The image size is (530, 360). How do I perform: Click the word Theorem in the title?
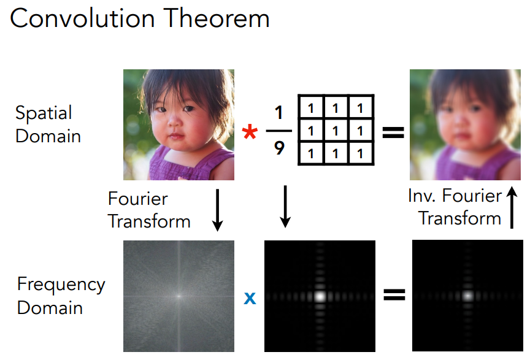218,18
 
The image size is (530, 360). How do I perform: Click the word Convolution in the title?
82,18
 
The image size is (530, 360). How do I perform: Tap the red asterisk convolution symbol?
250,131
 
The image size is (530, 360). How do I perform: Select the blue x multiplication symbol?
250,298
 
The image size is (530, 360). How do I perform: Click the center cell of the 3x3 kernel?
336,131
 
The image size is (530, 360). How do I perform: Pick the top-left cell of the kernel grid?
311,108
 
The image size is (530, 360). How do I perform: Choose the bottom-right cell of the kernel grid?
360,153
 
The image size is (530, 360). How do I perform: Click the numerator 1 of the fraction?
278,113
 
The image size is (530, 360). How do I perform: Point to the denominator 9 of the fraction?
279,148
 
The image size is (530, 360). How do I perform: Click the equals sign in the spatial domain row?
393,132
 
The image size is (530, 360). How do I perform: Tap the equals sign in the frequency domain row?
394,294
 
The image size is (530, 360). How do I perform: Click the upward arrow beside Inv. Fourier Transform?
512,207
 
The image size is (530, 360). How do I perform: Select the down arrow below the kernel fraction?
285,206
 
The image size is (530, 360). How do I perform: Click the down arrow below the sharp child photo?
217,210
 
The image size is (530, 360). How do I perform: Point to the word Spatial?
44,113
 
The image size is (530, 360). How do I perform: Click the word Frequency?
61,285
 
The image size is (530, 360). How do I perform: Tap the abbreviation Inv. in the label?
421,196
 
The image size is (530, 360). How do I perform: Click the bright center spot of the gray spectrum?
179,296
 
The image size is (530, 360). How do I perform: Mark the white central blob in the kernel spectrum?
320,296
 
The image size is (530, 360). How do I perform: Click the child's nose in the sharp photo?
174,121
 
